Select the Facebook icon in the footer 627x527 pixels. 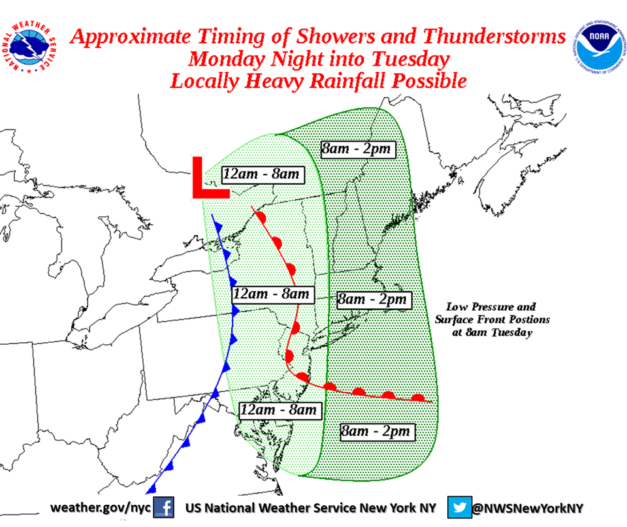click(x=163, y=507)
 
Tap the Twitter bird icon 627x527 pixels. click(x=459, y=507)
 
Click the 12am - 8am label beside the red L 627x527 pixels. click(x=261, y=174)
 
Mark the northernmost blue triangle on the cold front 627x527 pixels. click(x=217, y=225)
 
